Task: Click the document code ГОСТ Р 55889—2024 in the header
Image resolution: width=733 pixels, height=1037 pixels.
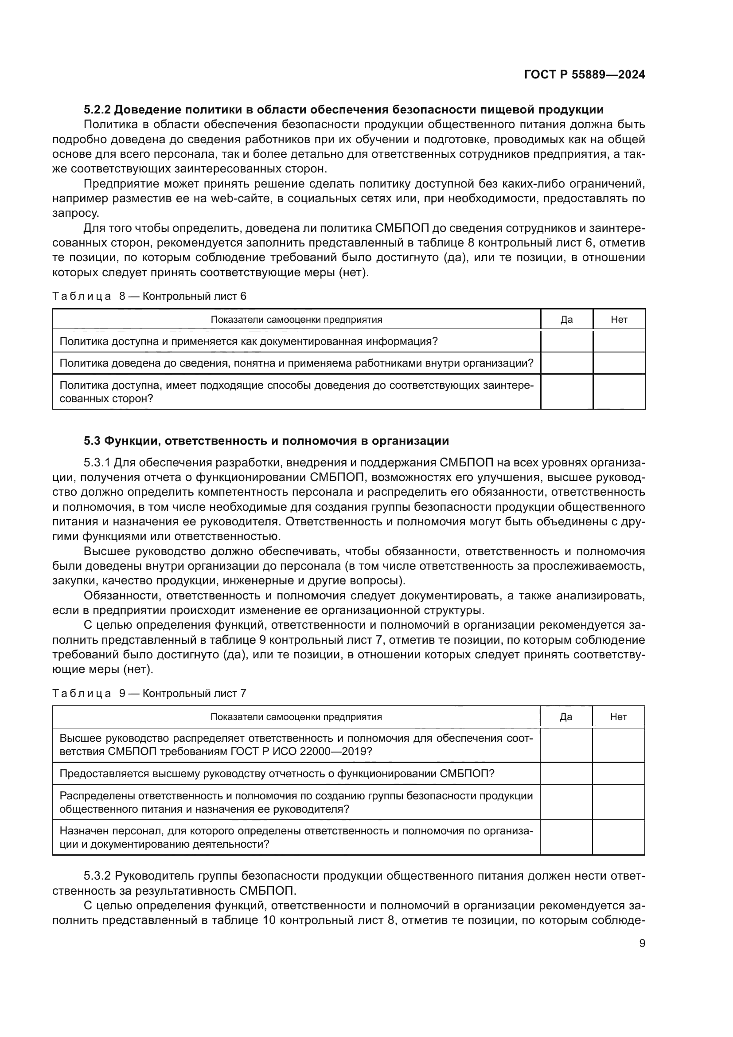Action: [x=584, y=75]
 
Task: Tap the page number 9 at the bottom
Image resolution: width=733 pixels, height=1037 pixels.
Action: [x=642, y=943]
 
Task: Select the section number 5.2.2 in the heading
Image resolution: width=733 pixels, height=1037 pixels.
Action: [x=97, y=110]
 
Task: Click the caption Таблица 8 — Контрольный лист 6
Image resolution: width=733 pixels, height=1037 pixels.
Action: [x=149, y=296]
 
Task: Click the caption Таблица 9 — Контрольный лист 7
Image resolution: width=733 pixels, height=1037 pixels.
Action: [x=149, y=693]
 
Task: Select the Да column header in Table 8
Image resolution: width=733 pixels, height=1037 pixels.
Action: [x=566, y=320]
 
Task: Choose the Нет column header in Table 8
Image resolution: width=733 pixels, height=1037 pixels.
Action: [x=619, y=320]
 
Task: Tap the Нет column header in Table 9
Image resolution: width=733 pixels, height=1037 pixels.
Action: [x=618, y=717]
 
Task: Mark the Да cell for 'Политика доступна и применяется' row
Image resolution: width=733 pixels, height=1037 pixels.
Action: [x=566, y=341]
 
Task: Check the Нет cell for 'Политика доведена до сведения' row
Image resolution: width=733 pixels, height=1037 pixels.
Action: [x=619, y=363]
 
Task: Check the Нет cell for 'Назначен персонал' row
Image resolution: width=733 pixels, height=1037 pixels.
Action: [x=618, y=837]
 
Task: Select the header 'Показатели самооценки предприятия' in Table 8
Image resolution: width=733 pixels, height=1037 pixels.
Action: [x=296, y=320]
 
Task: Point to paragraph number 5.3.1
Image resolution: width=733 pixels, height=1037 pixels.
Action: [x=97, y=463]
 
